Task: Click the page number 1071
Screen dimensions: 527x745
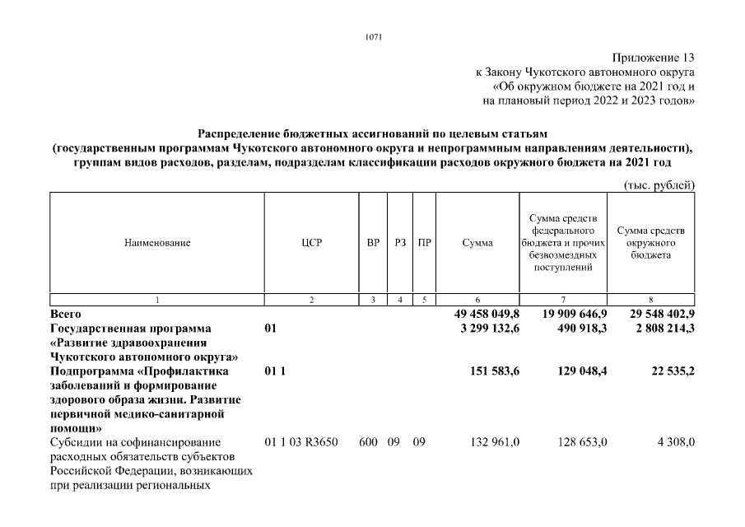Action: (x=372, y=37)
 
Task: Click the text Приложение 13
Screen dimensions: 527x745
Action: (x=654, y=58)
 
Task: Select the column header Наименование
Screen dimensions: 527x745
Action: (x=156, y=243)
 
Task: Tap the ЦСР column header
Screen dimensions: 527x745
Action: (x=311, y=243)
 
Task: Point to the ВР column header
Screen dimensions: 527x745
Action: (x=373, y=243)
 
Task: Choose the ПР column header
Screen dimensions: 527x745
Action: (x=424, y=243)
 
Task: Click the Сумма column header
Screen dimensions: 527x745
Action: (x=477, y=243)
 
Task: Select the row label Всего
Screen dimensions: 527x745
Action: (x=66, y=315)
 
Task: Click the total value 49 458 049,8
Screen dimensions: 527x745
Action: (x=487, y=315)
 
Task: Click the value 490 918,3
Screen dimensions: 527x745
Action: (x=580, y=329)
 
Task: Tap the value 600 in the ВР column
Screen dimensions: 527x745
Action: (x=369, y=442)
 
